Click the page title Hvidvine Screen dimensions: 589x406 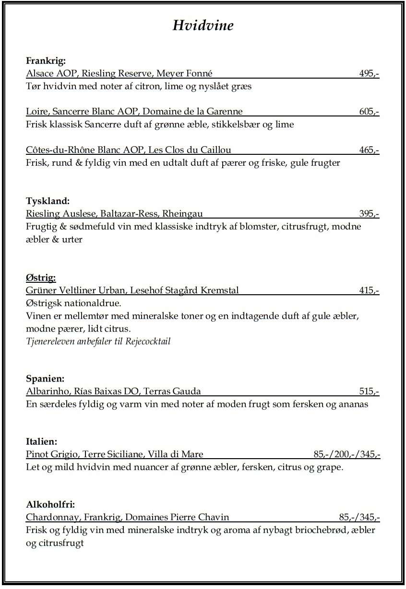tap(203, 25)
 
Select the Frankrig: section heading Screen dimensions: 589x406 tap(46, 61)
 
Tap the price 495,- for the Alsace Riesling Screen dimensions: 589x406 tap(369, 73)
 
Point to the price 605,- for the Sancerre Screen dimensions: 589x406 tap(369, 112)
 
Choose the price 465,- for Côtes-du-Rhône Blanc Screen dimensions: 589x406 tap(369, 150)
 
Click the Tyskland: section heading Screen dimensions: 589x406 tap(48, 201)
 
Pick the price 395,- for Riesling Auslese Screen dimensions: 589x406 tap(369, 214)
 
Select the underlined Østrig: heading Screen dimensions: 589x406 tap(41, 277)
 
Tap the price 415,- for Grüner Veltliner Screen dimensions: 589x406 tap(369, 290)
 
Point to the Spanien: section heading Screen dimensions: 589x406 tap(45, 379)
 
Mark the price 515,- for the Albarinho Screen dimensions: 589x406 tap(369, 392)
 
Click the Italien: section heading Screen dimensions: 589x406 tap(42, 441)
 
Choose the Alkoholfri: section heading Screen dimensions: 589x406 tap(50, 505)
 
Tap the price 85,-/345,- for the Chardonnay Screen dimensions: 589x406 tap(359, 518)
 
